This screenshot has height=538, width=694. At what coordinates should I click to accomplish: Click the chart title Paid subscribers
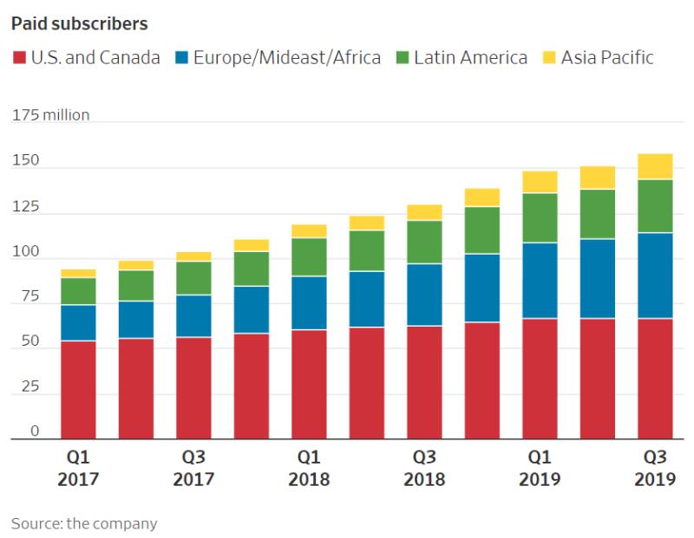pyautogui.click(x=79, y=23)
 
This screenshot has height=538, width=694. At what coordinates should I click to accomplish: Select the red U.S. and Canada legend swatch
pyautogui.click(x=18, y=58)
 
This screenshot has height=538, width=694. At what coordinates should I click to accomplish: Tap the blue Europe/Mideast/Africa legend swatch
pyautogui.click(x=180, y=58)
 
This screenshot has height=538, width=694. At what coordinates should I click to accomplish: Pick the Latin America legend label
pyautogui.click(x=470, y=58)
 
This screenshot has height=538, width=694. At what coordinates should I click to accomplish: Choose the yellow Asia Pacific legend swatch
pyautogui.click(x=548, y=58)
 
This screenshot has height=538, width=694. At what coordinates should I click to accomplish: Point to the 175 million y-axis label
pyautogui.click(x=50, y=115)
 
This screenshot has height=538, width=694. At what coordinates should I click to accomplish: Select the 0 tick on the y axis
pyautogui.click(x=36, y=431)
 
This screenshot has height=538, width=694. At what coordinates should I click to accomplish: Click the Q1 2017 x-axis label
pyautogui.click(x=78, y=467)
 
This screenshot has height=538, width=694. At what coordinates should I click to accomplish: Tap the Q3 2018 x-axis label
pyautogui.click(x=424, y=467)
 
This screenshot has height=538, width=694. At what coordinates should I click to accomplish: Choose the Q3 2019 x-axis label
pyautogui.click(x=655, y=467)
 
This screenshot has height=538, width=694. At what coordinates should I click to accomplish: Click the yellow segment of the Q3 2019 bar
pyautogui.click(x=655, y=166)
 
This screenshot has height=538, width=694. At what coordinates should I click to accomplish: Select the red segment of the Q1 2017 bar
pyautogui.click(x=78, y=390)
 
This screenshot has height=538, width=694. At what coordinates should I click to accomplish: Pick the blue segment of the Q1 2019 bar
pyautogui.click(x=540, y=281)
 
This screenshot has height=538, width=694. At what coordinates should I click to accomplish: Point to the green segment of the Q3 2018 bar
pyautogui.click(x=424, y=242)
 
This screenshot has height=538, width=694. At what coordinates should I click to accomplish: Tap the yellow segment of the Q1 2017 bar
pyautogui.click(x=78, y=273)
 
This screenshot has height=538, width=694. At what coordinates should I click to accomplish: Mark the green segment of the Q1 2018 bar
pyautogui.click(x=309, y=256)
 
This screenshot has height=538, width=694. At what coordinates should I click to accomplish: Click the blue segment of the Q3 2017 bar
pyautogui.click(x=193, y=316)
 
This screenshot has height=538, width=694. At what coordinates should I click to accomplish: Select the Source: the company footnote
pyautogui.click(x=84, y=523)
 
